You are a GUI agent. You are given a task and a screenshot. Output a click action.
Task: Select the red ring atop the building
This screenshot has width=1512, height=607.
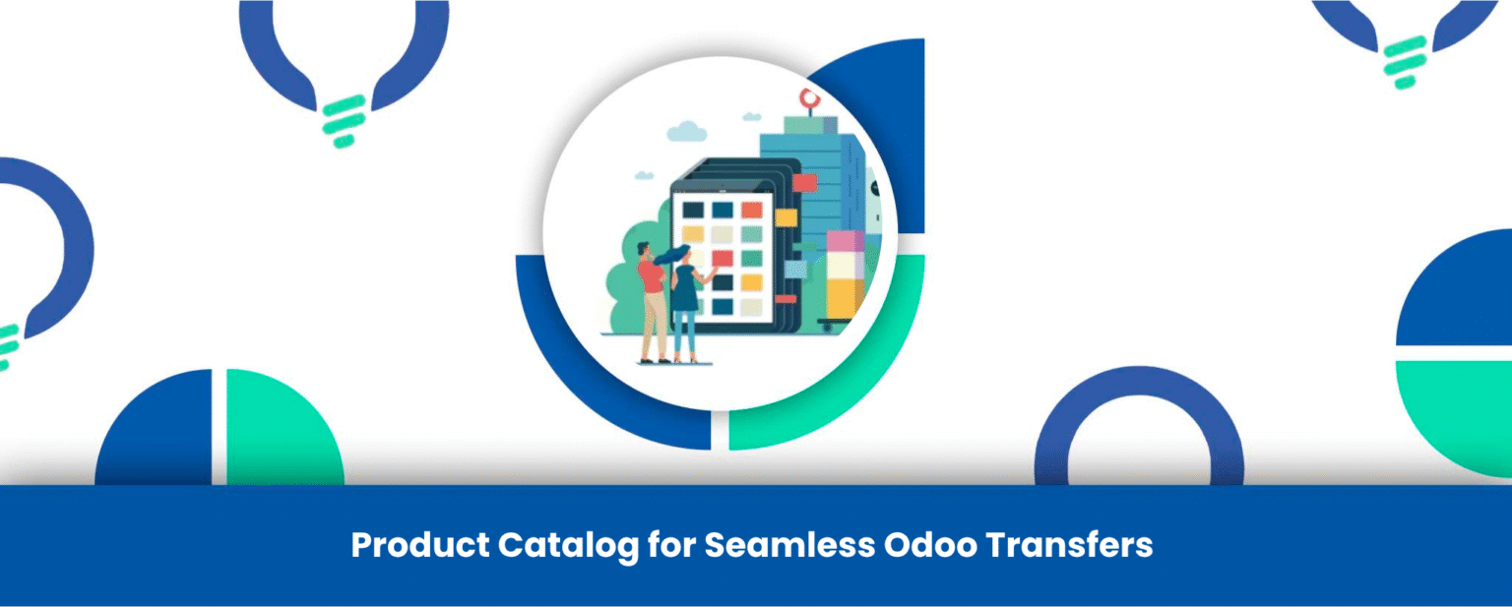point(808,98)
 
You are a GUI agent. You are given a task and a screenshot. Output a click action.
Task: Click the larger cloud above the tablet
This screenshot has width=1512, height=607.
point(686,131)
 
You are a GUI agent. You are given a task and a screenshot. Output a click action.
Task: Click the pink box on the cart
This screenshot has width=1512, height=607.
point(845,241)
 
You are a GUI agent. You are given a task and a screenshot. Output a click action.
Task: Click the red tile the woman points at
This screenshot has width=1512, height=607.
point(723,258)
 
